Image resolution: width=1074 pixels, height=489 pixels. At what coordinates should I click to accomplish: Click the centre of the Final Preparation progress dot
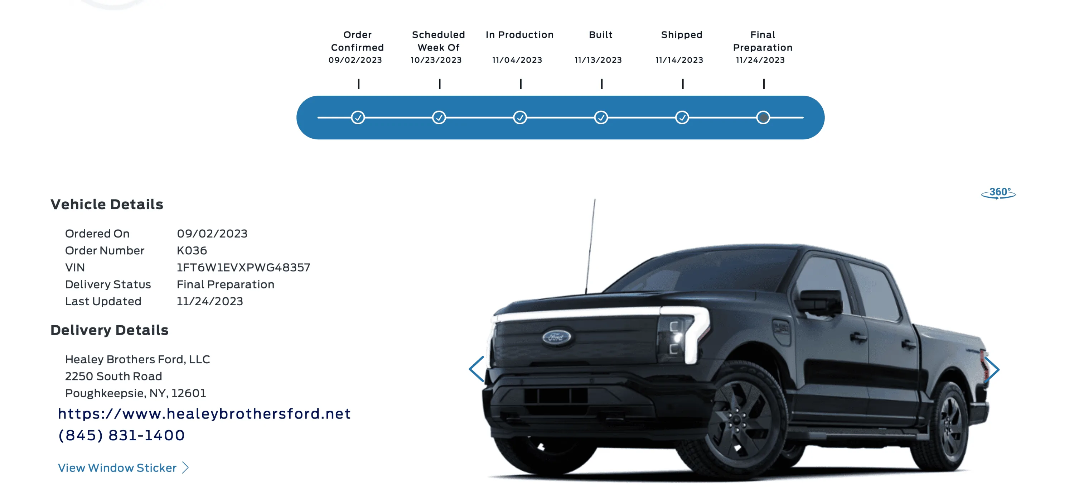[763, 118]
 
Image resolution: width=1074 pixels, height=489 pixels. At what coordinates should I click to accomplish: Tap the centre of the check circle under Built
[601, 118]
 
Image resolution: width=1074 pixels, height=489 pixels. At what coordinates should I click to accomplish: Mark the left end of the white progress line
[318, 118]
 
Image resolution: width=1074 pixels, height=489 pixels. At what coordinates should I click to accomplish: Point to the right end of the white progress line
[803, 118]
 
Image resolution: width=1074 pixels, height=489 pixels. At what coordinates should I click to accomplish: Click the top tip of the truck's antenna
[595, 200]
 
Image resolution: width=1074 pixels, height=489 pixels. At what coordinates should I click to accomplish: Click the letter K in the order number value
[180, 250]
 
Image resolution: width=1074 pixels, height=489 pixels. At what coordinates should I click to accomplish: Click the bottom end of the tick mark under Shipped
[682, 88]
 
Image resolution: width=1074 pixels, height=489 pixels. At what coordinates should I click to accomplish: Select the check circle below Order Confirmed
[358, 118]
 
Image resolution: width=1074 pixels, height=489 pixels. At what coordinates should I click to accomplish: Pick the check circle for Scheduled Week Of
[439, 118]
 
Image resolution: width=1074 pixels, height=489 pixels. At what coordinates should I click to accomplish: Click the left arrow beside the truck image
[476, 369]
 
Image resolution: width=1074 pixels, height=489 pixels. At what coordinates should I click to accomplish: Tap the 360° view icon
[998, 193]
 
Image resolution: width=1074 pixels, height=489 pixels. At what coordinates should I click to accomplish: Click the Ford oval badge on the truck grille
[557, 337]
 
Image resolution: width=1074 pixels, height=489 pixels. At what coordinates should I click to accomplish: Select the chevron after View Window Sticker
[185, 468]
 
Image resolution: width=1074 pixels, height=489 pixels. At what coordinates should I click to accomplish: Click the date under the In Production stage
[517, 60]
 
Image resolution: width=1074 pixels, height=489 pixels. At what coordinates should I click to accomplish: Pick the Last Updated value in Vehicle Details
[210, 301]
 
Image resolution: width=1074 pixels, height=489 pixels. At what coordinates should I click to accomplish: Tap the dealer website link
[204, 413]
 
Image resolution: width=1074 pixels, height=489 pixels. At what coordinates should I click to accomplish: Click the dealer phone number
[121, 435]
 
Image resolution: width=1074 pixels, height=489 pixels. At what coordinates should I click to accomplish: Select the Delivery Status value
[226, 284]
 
